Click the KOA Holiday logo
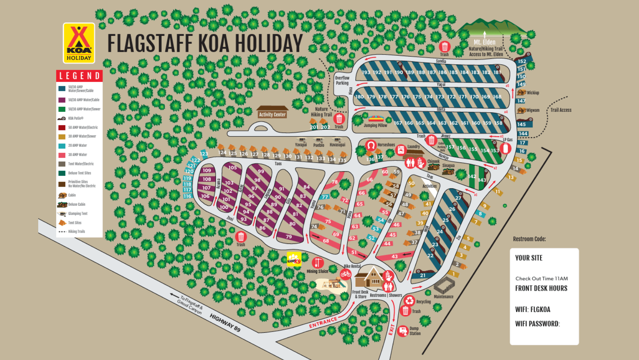point(79,43)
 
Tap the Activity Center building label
point(272,115)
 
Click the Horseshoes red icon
point(371,146)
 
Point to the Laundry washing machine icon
point(401,150)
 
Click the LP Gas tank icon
point(505,148)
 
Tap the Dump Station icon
point(403,331)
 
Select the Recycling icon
point(409,300)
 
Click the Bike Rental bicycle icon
point(346,274)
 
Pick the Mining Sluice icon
point(318,263)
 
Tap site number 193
point(366,72)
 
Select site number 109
point(207,170)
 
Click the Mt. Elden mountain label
point(484,42)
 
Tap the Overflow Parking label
point(342,80)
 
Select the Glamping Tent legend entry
point(78,214)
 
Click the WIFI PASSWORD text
point(537,324)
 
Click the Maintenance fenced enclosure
point(444,286)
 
